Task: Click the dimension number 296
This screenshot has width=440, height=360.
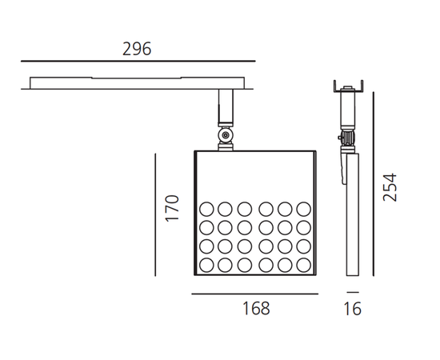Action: coord(137,49)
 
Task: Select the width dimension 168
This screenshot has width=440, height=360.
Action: coord(256,309)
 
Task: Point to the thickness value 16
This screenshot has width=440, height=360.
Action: coord(352,309)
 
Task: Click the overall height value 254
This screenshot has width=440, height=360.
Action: coord(389,188)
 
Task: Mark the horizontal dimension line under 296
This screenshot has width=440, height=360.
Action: coord(137,62)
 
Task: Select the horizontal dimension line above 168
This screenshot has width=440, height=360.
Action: coord(256,294)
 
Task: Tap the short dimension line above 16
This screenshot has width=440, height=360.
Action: coord(353,294)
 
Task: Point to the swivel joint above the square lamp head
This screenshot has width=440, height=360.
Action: coord(226,139)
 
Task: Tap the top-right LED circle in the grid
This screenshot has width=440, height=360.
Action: coord(303,210)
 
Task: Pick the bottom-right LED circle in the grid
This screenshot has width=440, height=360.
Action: coord(303,265)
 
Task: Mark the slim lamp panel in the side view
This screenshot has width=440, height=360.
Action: coord(353,216)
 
